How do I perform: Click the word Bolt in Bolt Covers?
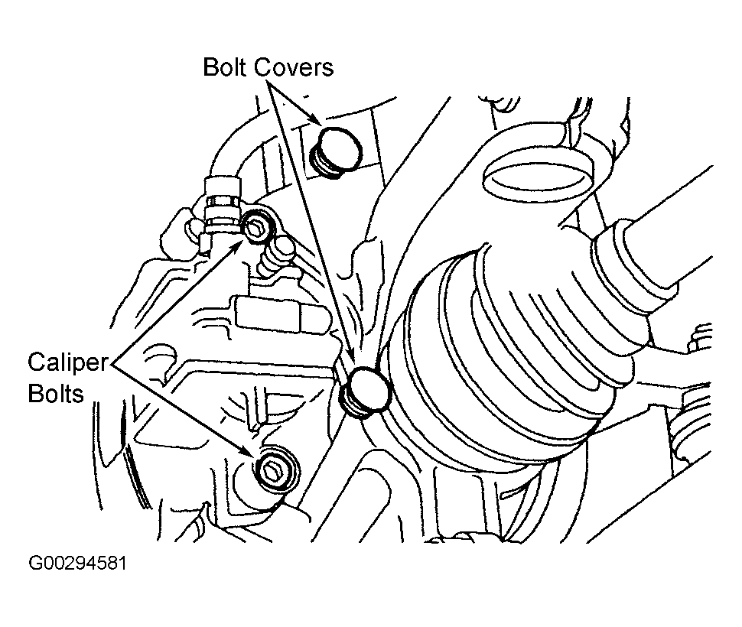coord(226,67)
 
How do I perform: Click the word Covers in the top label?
coord(294,67)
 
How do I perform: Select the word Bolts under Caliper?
coord(56,394)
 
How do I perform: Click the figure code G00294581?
coord(77,564)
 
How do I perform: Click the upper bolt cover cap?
coord(336,151)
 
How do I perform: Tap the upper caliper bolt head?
coord(258,226)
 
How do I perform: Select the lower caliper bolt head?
coord(276,470)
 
